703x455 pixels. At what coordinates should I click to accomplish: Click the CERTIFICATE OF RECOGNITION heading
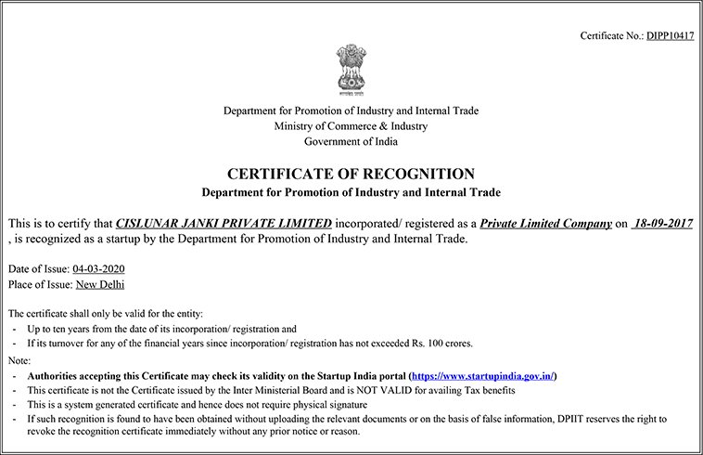(x=351, y=174)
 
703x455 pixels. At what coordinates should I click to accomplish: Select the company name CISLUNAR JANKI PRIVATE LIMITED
(x=224, y=224)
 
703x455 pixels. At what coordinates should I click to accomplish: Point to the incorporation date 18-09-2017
(x=660, y=224)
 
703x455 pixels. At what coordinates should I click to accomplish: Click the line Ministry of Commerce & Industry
(x=351, y=126)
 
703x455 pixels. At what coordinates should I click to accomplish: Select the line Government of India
(x=351, y=141)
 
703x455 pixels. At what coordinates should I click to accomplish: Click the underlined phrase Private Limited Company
(x=547, y=224)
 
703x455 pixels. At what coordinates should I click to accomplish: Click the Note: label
(x=19, y=359)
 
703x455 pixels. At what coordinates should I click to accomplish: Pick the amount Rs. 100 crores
(x=440, y=344)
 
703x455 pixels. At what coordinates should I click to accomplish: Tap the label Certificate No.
(x=610, y=35)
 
